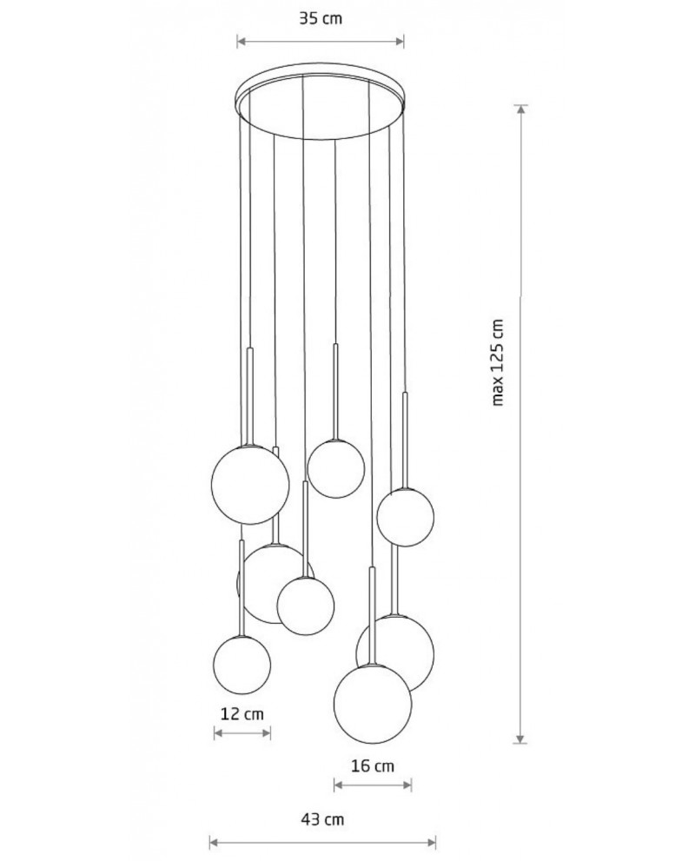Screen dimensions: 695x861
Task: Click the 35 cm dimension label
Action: [321, 18]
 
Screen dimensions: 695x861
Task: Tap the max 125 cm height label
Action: [498, 362]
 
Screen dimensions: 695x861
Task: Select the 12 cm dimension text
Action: [242, 714]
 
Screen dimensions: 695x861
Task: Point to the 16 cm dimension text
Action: [373, 765]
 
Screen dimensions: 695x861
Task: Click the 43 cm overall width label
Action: [322, 819]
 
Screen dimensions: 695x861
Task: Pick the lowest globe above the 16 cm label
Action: [373, 704]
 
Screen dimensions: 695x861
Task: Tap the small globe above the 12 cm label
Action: [242, 665]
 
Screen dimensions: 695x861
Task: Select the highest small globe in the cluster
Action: [335, 469]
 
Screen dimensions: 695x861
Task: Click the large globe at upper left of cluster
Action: [250, 484]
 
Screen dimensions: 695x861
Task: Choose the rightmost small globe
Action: [405, 517]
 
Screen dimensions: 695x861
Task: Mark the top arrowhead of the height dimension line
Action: [521, 109]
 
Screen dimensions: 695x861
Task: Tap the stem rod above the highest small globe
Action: [335, 392]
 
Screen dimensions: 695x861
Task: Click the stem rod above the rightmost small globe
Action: [406, 440]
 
